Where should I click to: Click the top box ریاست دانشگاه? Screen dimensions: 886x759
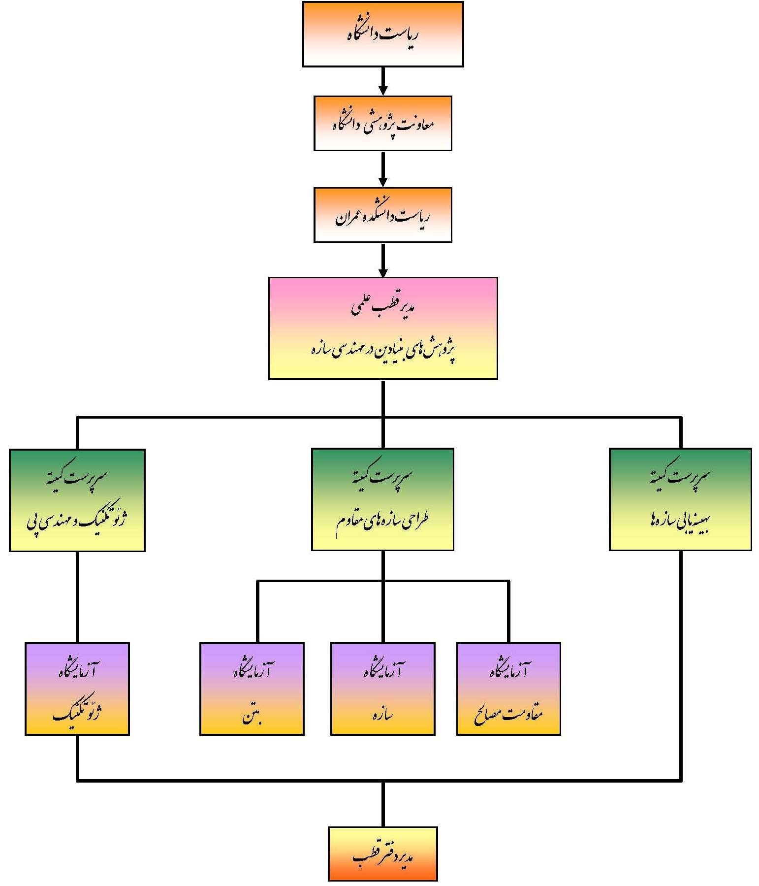tap(382, 34)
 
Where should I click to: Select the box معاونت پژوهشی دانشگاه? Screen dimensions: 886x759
tap(382, 123)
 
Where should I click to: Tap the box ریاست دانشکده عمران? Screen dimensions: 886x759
tap(382, 215)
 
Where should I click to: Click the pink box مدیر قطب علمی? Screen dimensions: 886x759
tap(382, 328)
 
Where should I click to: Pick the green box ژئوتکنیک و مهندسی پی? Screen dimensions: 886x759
tap(77, 500)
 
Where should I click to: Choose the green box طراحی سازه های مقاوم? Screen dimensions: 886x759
tap(382, 499)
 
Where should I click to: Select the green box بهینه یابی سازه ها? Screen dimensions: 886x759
tap(680, 499)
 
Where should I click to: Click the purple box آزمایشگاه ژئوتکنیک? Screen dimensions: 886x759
tap(77, 689)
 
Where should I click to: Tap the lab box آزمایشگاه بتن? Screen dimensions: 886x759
tap(252, 689)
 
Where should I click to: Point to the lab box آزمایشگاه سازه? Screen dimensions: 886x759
tap(382, 689)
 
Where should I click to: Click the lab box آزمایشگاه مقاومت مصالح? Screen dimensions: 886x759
tap(508, 689)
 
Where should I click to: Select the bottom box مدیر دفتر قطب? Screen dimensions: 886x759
tap(382, 853)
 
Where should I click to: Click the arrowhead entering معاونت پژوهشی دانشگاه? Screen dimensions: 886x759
tap(382, 90)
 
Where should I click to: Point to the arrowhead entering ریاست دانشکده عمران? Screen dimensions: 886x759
tap(382, 182)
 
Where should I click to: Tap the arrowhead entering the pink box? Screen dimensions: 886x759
tap(382, 272)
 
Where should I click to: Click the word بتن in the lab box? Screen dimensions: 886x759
tap(252, 715)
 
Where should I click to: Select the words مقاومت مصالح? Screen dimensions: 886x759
tap(508, 714)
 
